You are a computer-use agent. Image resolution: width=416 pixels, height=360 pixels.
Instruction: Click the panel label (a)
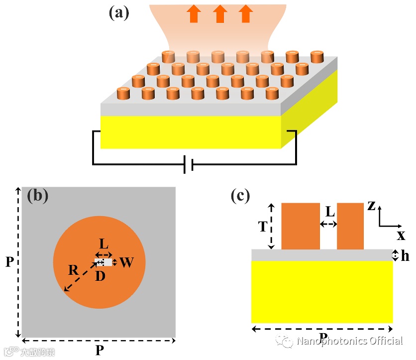[119, 12]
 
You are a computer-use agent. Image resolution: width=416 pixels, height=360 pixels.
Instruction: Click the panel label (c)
[240, 196]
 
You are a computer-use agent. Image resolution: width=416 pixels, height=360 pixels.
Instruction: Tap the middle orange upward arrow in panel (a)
[220, 13]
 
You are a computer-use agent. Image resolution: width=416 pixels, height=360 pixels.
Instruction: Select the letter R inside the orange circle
[74, 270]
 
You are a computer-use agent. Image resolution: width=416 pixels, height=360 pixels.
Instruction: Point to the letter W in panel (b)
[126, 262]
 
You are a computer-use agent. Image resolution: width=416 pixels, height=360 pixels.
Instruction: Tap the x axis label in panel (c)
[401, 235]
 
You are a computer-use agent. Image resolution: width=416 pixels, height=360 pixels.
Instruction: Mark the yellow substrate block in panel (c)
[322, 292]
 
